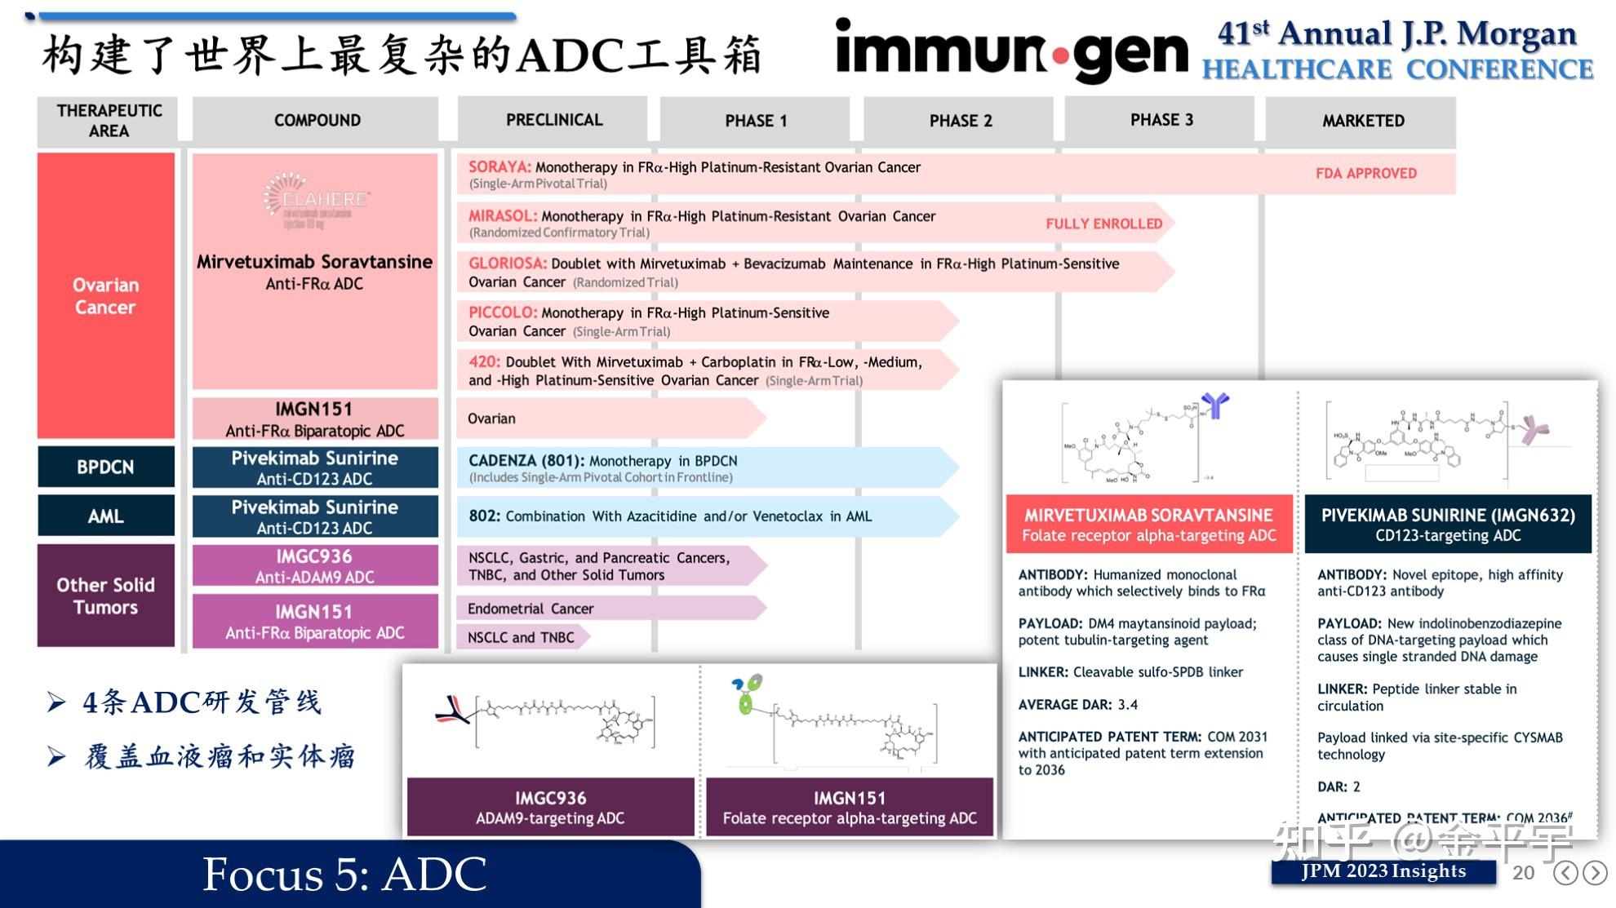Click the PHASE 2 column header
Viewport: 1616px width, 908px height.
click(x=960, y=121)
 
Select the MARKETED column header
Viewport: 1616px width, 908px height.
click(x=1362, y=121)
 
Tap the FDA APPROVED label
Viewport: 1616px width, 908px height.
click(x=1365, y=173)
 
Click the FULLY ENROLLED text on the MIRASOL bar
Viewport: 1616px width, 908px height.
click(x=1103, y=224)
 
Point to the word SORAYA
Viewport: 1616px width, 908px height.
click(x=499, y=166)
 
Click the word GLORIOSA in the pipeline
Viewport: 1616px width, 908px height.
click(x=507, y=264)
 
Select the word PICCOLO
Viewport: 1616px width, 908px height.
click(x=502, y=312)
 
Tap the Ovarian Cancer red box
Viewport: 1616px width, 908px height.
click(x=106, y=295)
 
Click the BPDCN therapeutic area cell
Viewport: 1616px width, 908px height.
click(x=106, y=467)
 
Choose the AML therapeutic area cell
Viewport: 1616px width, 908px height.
click(x=106, y=516)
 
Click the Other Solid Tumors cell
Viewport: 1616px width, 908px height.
click(x=106, y=596)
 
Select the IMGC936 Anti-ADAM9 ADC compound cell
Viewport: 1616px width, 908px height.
click(x=315, y=566)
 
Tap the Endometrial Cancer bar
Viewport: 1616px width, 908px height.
click(x=531, y=609)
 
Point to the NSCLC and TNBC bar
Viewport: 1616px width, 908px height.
click(x=521, y=637)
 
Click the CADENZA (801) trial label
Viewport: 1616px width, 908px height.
click(x=526, y=460)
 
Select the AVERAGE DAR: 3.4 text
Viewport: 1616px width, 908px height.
click(x=1077, y=704)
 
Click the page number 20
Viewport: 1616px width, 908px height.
click(x=1523, y=873)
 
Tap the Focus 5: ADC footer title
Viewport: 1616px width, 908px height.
click(x=344, y=874)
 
